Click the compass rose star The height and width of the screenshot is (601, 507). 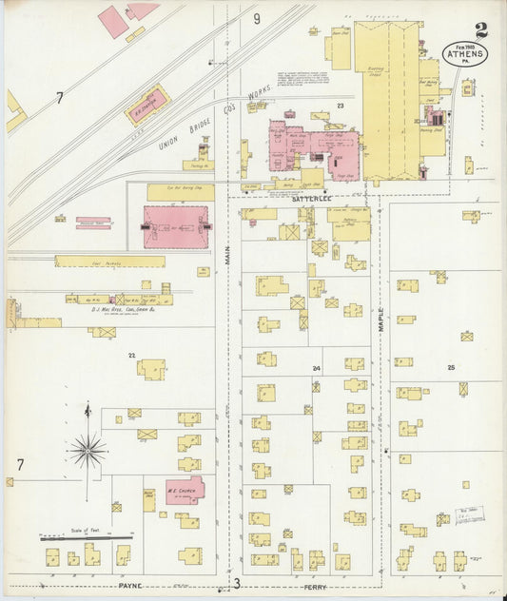coord(88,449)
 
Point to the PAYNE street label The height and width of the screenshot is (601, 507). coord(129,586)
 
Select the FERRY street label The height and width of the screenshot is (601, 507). coord(316,588)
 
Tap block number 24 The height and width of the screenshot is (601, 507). coord(316,367)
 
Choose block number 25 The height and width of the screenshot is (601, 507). coord(451,366)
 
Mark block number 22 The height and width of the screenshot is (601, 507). coord(132,355)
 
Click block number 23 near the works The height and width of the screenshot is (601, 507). coord(339,106)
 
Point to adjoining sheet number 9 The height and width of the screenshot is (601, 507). coord(256,18)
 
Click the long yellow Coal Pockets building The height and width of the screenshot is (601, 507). coord(109,261)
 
